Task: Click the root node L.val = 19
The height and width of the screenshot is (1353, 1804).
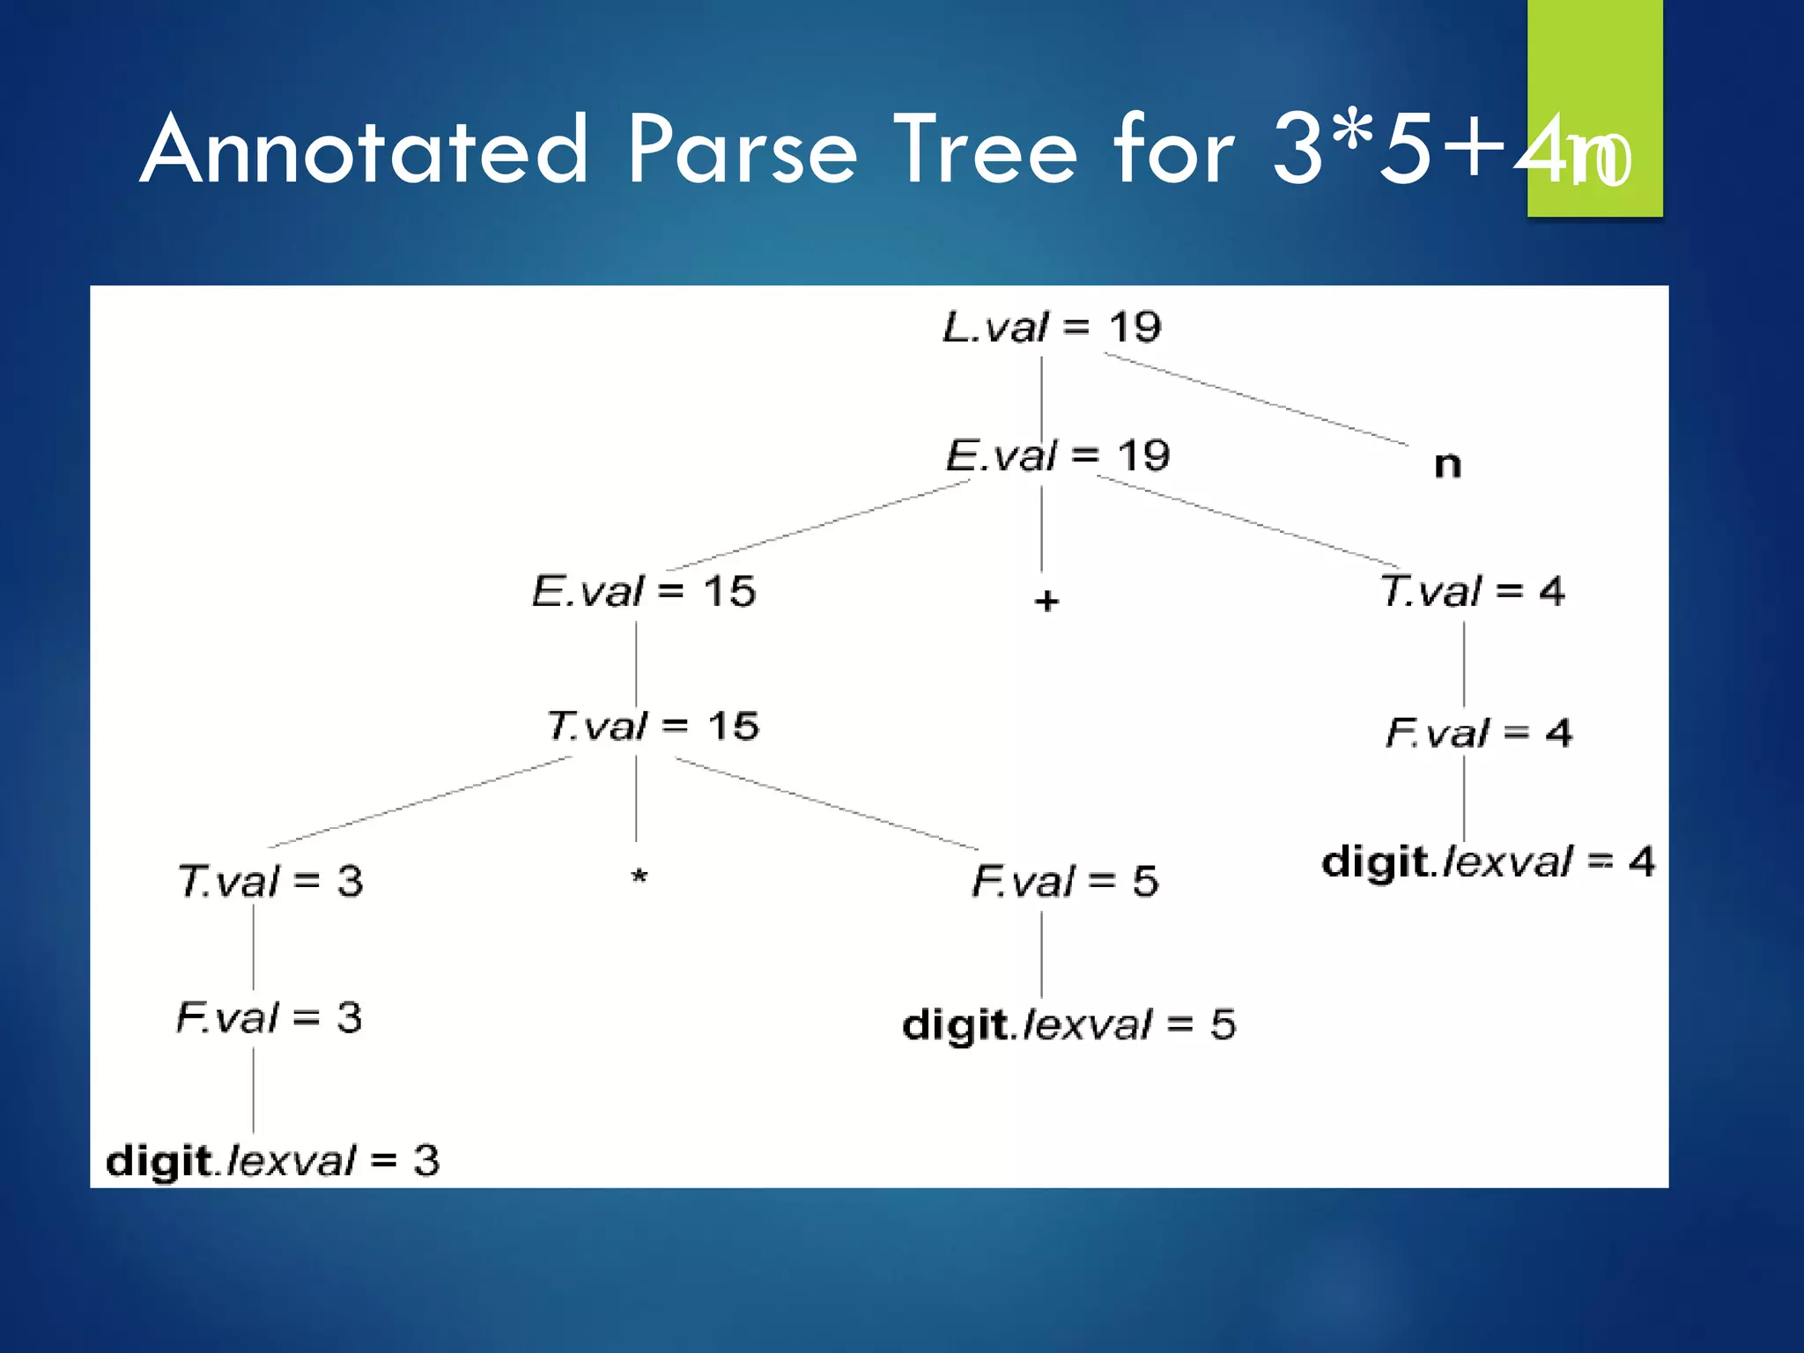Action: point(1052,328)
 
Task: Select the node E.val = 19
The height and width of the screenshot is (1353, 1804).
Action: point(1057,456)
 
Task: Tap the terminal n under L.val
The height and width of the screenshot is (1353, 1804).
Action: point(1447,464)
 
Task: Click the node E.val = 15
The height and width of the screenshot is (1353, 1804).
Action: point(643,591)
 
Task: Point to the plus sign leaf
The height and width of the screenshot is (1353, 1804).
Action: point(1046,602)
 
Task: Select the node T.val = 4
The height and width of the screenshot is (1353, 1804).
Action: point(1472,591)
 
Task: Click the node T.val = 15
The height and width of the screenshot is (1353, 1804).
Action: point(652,727)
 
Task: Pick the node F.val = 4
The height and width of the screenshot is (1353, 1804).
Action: point(1478,733)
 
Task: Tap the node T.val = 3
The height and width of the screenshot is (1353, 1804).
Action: point(270,881)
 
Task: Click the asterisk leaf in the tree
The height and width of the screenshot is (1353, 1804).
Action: point(640,876)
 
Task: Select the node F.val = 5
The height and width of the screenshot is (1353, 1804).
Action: point(1065,881)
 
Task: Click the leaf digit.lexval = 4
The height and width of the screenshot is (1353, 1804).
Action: point(1488,861)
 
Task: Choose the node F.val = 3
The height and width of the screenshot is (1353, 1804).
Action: point(269,1018)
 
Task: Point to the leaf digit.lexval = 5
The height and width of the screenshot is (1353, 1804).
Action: point(1068,1024)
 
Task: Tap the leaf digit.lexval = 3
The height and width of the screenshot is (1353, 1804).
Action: point(272,1161)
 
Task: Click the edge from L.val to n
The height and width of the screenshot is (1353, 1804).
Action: point(1255,399)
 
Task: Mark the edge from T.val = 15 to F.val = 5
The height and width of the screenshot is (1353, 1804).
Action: point(826,803)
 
